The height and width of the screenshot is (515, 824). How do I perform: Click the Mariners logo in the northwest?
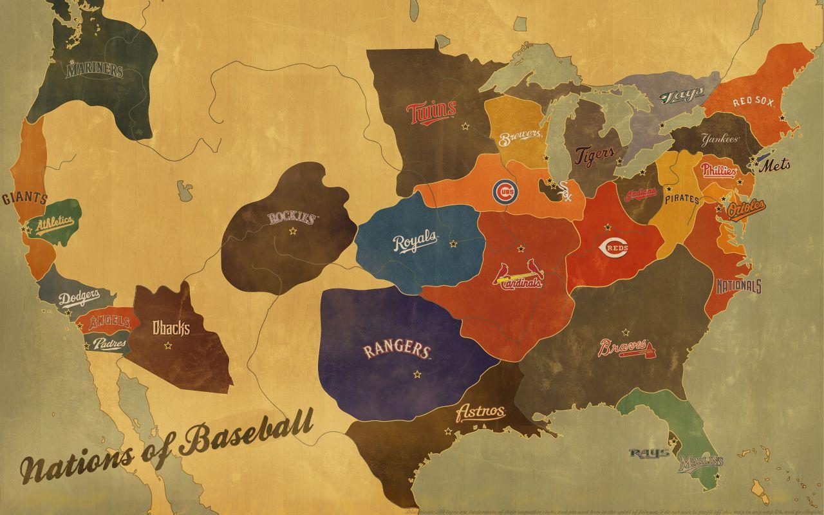[x=94, y=70]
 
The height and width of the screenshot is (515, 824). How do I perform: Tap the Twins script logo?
[x=431, y=111]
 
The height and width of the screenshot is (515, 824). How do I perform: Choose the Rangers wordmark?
[x=397, y=351]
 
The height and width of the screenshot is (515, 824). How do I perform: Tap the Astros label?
[x=480, y=412]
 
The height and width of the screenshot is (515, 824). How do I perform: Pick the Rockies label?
[x=292, y=218]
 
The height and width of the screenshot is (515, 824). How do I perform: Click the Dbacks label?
[x=171, y=328]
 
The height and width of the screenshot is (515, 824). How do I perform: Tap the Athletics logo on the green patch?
[x=55, y=224]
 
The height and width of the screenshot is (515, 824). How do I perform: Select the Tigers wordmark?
[x=590, y=156]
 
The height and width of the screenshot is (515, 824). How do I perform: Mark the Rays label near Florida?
[x=649, y=453]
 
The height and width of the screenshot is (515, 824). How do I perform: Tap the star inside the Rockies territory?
[x=294, y=230]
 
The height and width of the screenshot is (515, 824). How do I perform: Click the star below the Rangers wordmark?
[x=417, y=374]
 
